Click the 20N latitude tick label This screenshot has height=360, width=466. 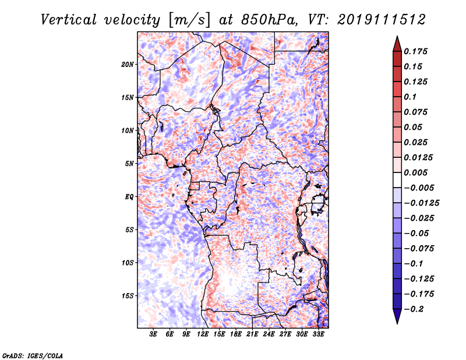coord(128,65)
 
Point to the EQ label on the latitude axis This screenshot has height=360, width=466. coord(129,197)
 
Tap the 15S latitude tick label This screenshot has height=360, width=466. coord(128,296)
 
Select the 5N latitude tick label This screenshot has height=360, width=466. coord(129,164)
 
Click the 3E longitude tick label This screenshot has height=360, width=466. coord(153,334)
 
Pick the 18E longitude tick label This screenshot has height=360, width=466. coord(236,334)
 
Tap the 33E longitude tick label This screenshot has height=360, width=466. coord(318,334)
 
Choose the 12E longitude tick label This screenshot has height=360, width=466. coord(203,334)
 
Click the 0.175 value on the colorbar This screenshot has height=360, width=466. coord(415,51)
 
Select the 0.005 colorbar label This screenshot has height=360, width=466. coord(415,172)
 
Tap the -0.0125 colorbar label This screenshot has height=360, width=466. coord(421,203)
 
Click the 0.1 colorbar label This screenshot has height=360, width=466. coord(410,97)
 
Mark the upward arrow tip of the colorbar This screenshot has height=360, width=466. coord(397,36)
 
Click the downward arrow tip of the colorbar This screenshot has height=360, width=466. coord(397,323)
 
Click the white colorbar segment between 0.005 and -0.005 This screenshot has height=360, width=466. coord(397,180)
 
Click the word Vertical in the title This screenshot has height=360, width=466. coord(69,20)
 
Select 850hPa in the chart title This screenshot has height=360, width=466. coord(270,20)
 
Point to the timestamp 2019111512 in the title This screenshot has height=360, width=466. coord(382,20)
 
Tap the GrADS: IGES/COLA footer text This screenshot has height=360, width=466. coord(33,355)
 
